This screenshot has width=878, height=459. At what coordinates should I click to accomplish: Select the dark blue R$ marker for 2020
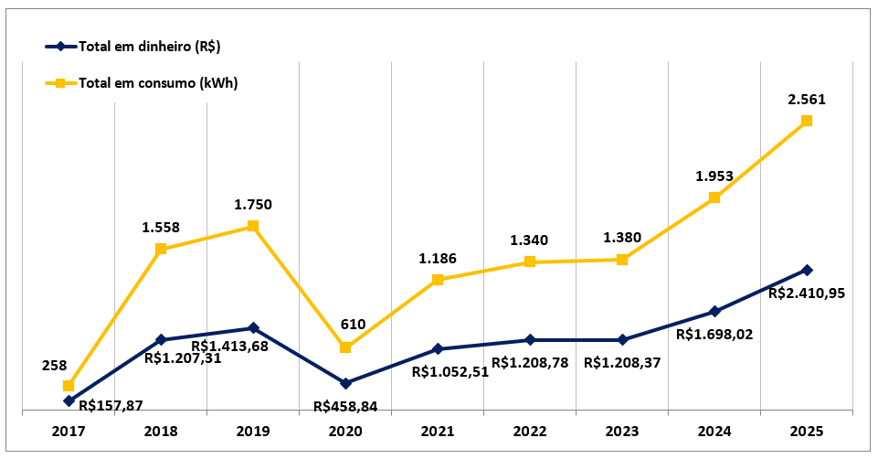click(345, 383)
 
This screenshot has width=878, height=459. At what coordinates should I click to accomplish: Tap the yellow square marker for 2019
click(253, 226)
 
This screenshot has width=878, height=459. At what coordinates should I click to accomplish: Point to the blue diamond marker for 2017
click(69, 400)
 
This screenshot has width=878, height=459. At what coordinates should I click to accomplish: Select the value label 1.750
click(253, 205)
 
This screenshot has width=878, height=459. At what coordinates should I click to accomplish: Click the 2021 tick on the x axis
click(438, 429)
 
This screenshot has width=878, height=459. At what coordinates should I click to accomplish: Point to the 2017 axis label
click(69, 429)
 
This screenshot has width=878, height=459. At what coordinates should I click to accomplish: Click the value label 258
click(55, 365)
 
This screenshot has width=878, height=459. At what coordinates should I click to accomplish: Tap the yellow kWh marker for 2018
click(161, 249)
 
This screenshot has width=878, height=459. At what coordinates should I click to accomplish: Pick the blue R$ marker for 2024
click(714, 312)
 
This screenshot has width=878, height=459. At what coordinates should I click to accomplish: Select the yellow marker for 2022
click(530, 262)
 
